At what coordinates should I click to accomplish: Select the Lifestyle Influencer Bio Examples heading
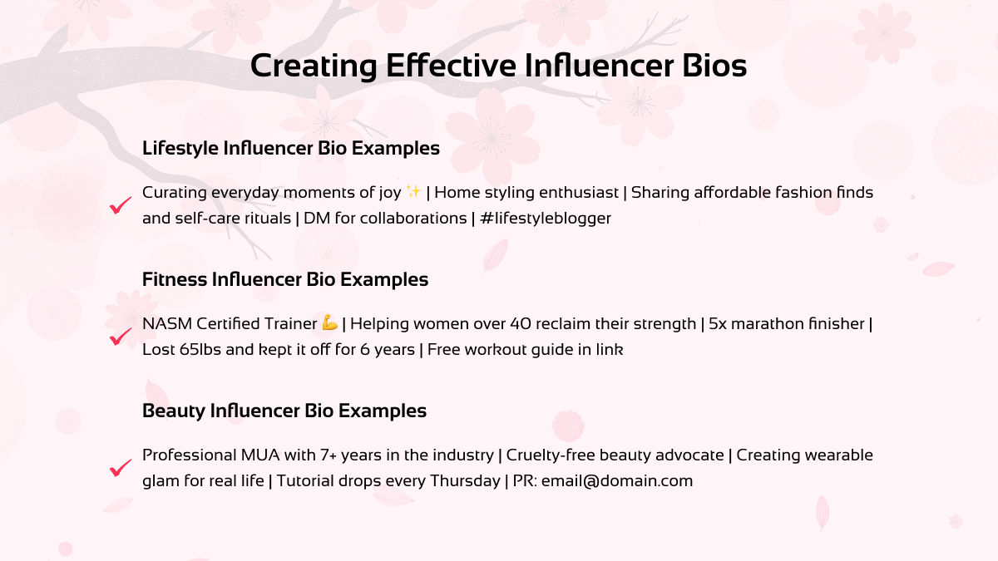pos(291,149)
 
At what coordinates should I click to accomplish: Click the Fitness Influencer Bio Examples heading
pos(285,280)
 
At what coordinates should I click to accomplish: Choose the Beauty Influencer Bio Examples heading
pos(284,411)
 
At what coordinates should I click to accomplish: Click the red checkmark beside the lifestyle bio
pos(121,205)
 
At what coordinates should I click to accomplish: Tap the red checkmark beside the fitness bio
pos(121,337)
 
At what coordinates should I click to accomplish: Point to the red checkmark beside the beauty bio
pos(121,468)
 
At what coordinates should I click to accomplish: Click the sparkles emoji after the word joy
pos(413,193)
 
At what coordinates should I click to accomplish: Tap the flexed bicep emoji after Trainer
pos(329,323)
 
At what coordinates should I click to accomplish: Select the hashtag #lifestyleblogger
pos(546,219)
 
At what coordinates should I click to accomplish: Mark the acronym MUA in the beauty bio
pos(251,455)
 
